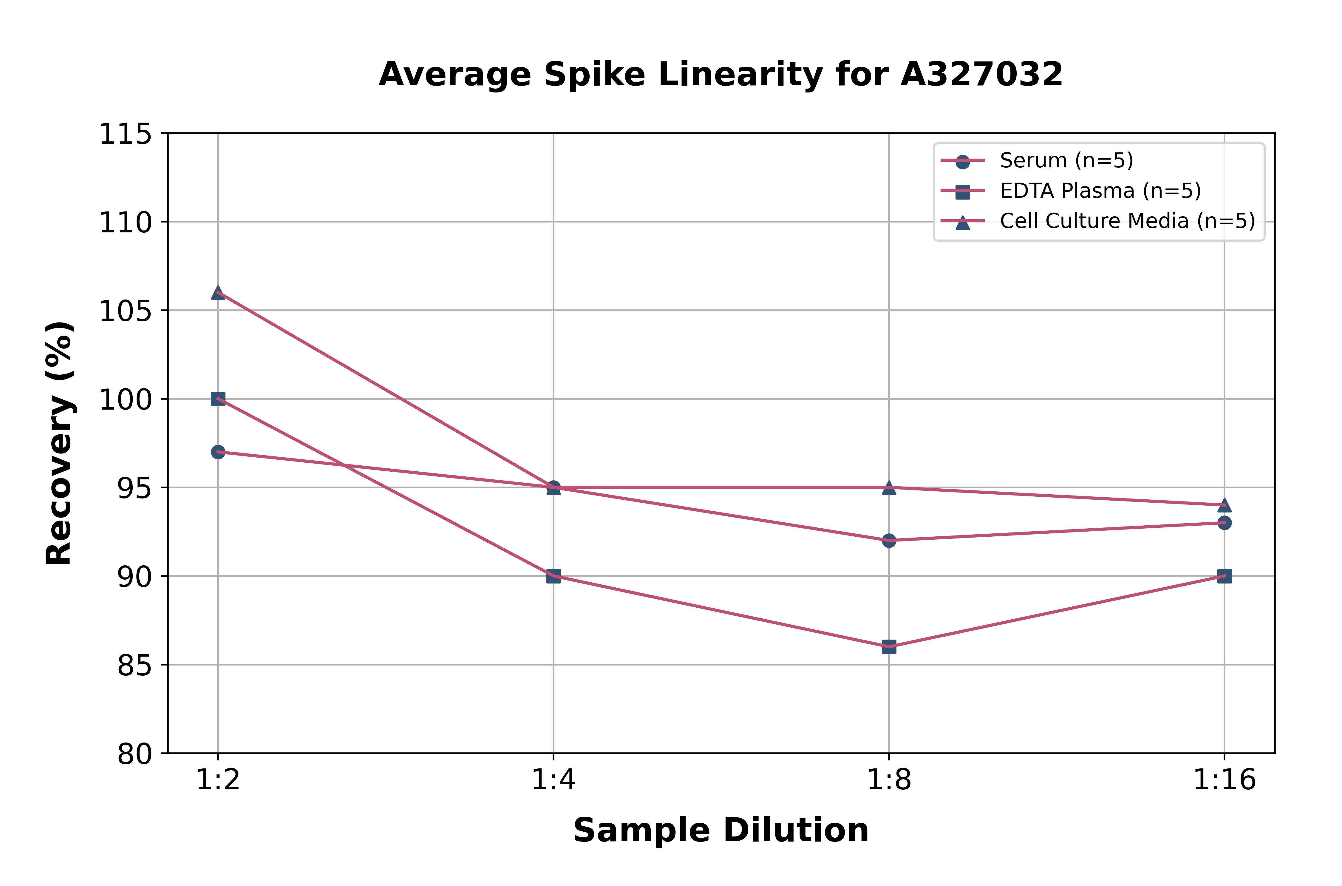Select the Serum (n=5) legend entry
(x=1066, y=160)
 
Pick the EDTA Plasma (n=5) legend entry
(x=1100, y=191)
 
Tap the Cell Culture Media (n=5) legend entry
(x=1127, y=221)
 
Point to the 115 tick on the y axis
(x=125, y=135)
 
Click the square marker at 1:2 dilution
(x=218, y=399)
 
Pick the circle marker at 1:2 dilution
(x=218, y=452)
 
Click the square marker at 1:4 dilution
(x=554, y=576)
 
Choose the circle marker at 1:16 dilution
(x=1224, y=523)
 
